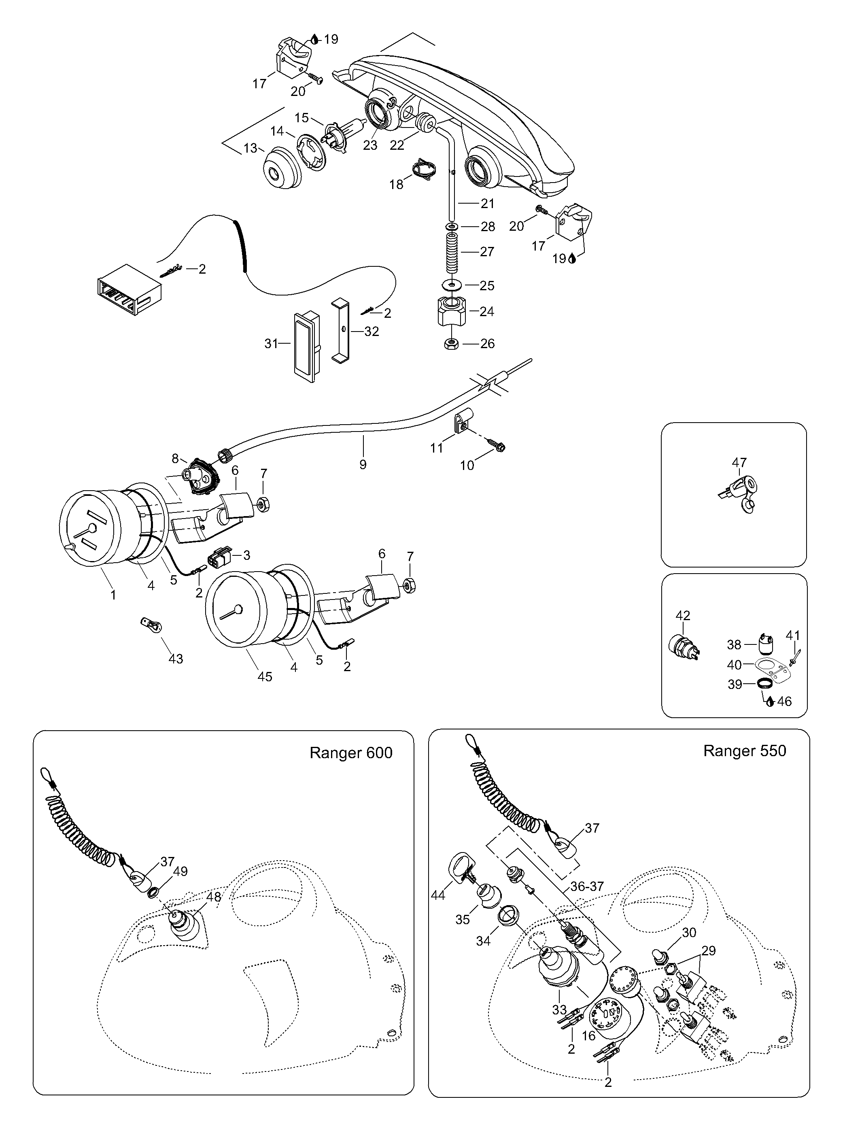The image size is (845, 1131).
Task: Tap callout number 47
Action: point(739,462)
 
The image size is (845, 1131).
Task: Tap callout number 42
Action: point(683,616)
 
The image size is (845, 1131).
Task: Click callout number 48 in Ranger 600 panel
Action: point(214,897)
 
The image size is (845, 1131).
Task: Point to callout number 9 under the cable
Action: point(363,464)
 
